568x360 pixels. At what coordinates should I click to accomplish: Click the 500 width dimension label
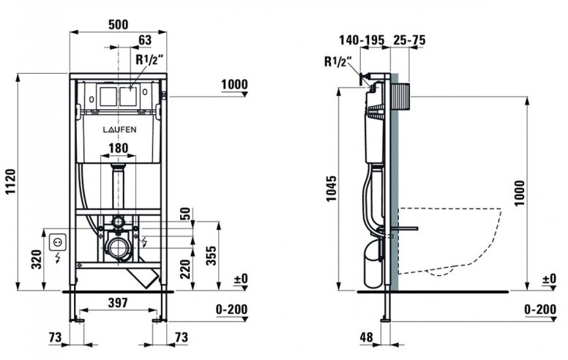point(119,24)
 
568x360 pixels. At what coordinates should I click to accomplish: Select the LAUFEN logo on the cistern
point(119,130)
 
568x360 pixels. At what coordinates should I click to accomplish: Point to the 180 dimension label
point(119,148)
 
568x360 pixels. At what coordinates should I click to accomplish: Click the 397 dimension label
point(118,302)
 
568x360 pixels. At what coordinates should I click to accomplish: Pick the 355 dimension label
point(212,255)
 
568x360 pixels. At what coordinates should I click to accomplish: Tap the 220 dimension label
point(185,269)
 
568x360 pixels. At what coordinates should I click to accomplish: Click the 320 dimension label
point(37,259)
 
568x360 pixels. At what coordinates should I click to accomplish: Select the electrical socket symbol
point(58,242)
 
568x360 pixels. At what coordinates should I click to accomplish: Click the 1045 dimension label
point(332,188)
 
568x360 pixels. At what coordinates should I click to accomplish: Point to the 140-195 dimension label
point(362,40)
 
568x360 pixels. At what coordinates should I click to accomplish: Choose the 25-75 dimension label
point(409,40)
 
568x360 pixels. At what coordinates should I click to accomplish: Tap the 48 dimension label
point(366,337)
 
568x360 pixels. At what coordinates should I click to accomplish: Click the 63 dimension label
point(145,40)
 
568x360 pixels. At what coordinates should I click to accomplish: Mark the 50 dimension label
point(185,214)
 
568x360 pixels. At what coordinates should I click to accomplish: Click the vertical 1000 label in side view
point(520,192)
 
